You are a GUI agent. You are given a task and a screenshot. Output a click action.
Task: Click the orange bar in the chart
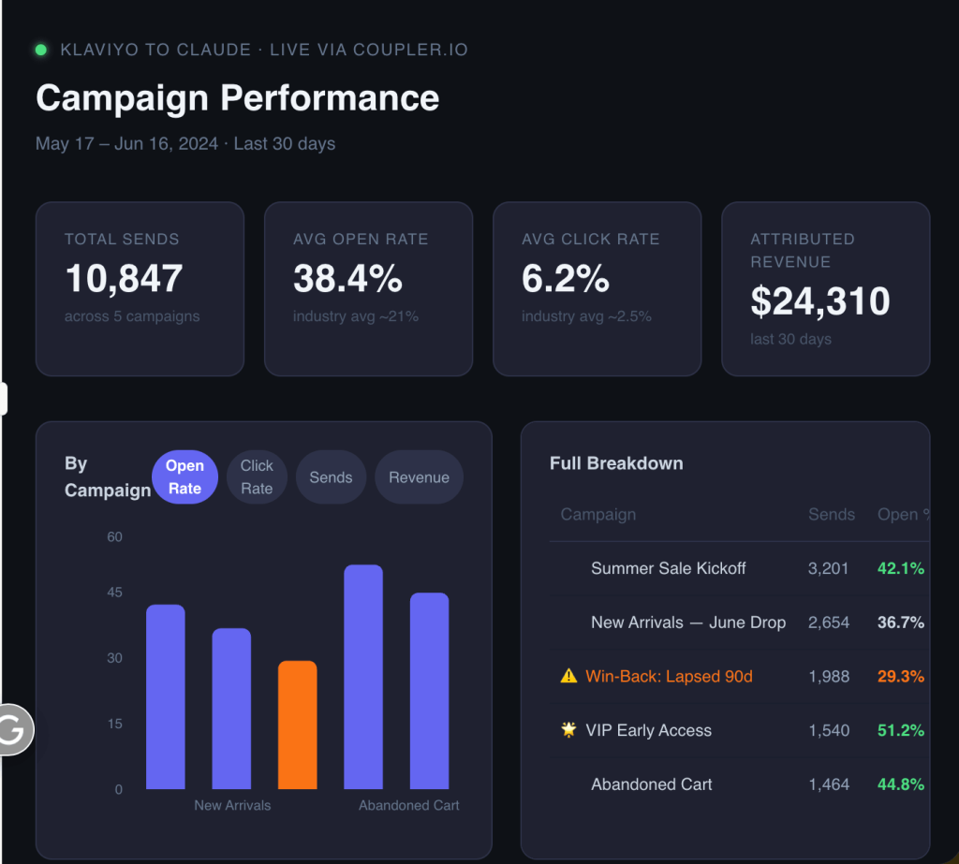(297, 725)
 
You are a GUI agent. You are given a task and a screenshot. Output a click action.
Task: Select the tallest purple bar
(363, 677)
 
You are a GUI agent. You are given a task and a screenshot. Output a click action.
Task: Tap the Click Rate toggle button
(257, 477)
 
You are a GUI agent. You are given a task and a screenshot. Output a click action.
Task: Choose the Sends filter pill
(331, 477)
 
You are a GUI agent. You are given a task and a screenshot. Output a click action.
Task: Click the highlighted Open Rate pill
(184, 477)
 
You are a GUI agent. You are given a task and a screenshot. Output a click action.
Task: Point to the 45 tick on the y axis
(114, 592)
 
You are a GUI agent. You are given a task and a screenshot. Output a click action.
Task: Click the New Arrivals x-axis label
(232, 805)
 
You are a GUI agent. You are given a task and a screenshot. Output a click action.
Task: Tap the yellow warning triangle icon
(568, 676)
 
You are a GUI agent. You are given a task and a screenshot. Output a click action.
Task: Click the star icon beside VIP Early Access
(568, 729)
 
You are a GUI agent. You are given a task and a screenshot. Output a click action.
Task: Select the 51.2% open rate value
(900, 730)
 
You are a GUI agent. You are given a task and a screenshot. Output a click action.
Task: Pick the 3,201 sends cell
(828, 568)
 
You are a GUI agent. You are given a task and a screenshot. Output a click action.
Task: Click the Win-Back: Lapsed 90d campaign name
(669, 676)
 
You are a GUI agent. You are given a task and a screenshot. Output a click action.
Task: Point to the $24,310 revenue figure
(820, 300)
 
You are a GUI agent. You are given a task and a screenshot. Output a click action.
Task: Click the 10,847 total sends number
(124, 278)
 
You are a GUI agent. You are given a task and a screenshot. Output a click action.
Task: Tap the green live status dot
(41, 50)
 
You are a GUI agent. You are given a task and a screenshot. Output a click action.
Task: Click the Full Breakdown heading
(616, 463)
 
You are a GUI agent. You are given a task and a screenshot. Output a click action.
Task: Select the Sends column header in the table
(832, 514)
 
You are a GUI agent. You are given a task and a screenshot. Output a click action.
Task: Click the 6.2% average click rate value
(565, 278)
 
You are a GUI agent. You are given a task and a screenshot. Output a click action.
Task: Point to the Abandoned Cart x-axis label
(408, 805)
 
